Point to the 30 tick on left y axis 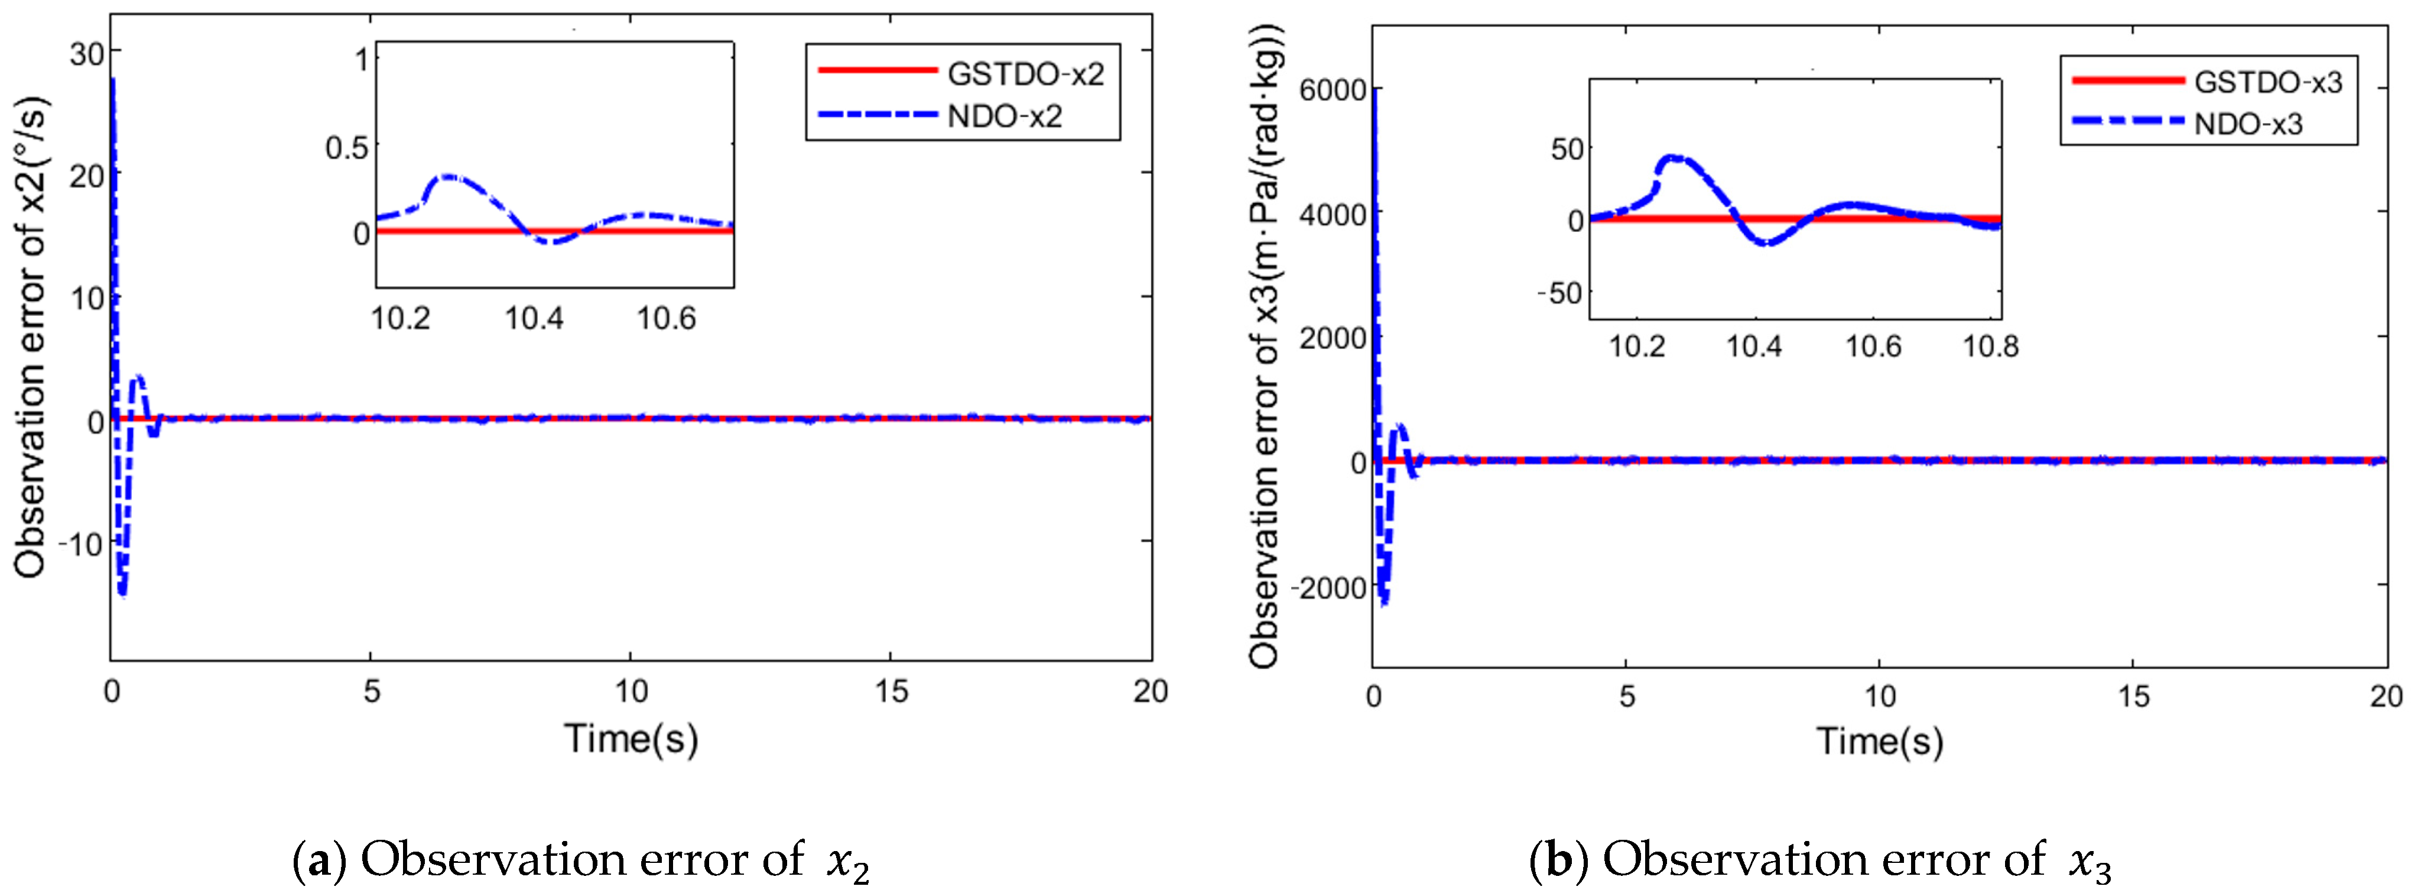pyautogui.click(x=86, y=53)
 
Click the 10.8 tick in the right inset pyautogui.click(x=1990, y=347)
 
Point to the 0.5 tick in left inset pyautogui.click(x=346, y=148)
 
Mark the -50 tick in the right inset pyautogui.click(x=1558, y=293)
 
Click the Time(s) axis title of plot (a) pyautogui.click(x=631, y=739)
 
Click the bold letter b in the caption pyautogui.click(x=1558, y=859)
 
